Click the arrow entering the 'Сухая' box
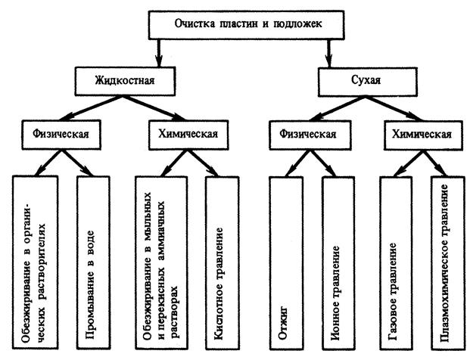pos(328,57)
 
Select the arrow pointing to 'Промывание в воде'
pos(83,165)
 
